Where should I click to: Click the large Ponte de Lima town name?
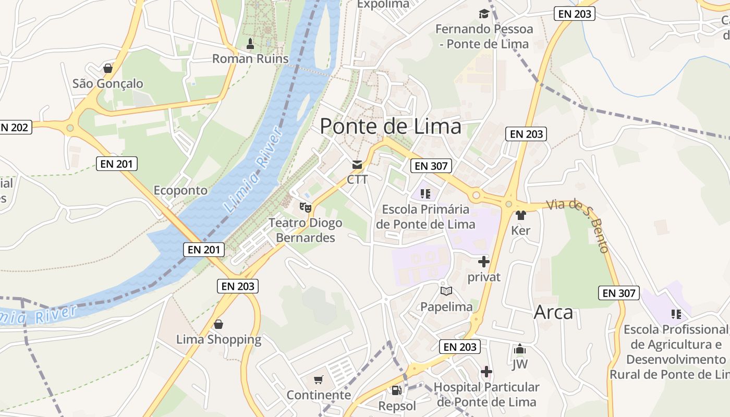click(x=391, y=126)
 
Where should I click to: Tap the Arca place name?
click(x=553, y=312)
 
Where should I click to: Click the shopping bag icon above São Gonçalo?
click(x=108, y=68)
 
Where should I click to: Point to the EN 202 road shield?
click(x=15, y=127)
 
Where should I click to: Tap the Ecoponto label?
click(x=180, y=190)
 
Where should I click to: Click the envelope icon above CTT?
click(x=357, y=165)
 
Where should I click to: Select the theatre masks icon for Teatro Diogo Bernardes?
click(x=305, y=207)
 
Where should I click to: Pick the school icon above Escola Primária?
click(x=425, y=194)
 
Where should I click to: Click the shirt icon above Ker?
click(x=520, y=215)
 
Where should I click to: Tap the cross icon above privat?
click(x=484, y=261)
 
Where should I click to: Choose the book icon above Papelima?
click(x=446, y=291)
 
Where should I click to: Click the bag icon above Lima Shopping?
click(x=218, y=324)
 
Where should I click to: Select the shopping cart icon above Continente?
click(x=319, y=379)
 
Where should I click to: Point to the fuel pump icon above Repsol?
click(x=397, y=390)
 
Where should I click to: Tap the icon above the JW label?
click(x=520, y=349)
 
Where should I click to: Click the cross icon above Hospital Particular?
click(x=486, y=372)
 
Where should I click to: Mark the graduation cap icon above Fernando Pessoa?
click(x=484, y=14)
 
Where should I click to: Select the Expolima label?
click(x=383, y=4)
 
